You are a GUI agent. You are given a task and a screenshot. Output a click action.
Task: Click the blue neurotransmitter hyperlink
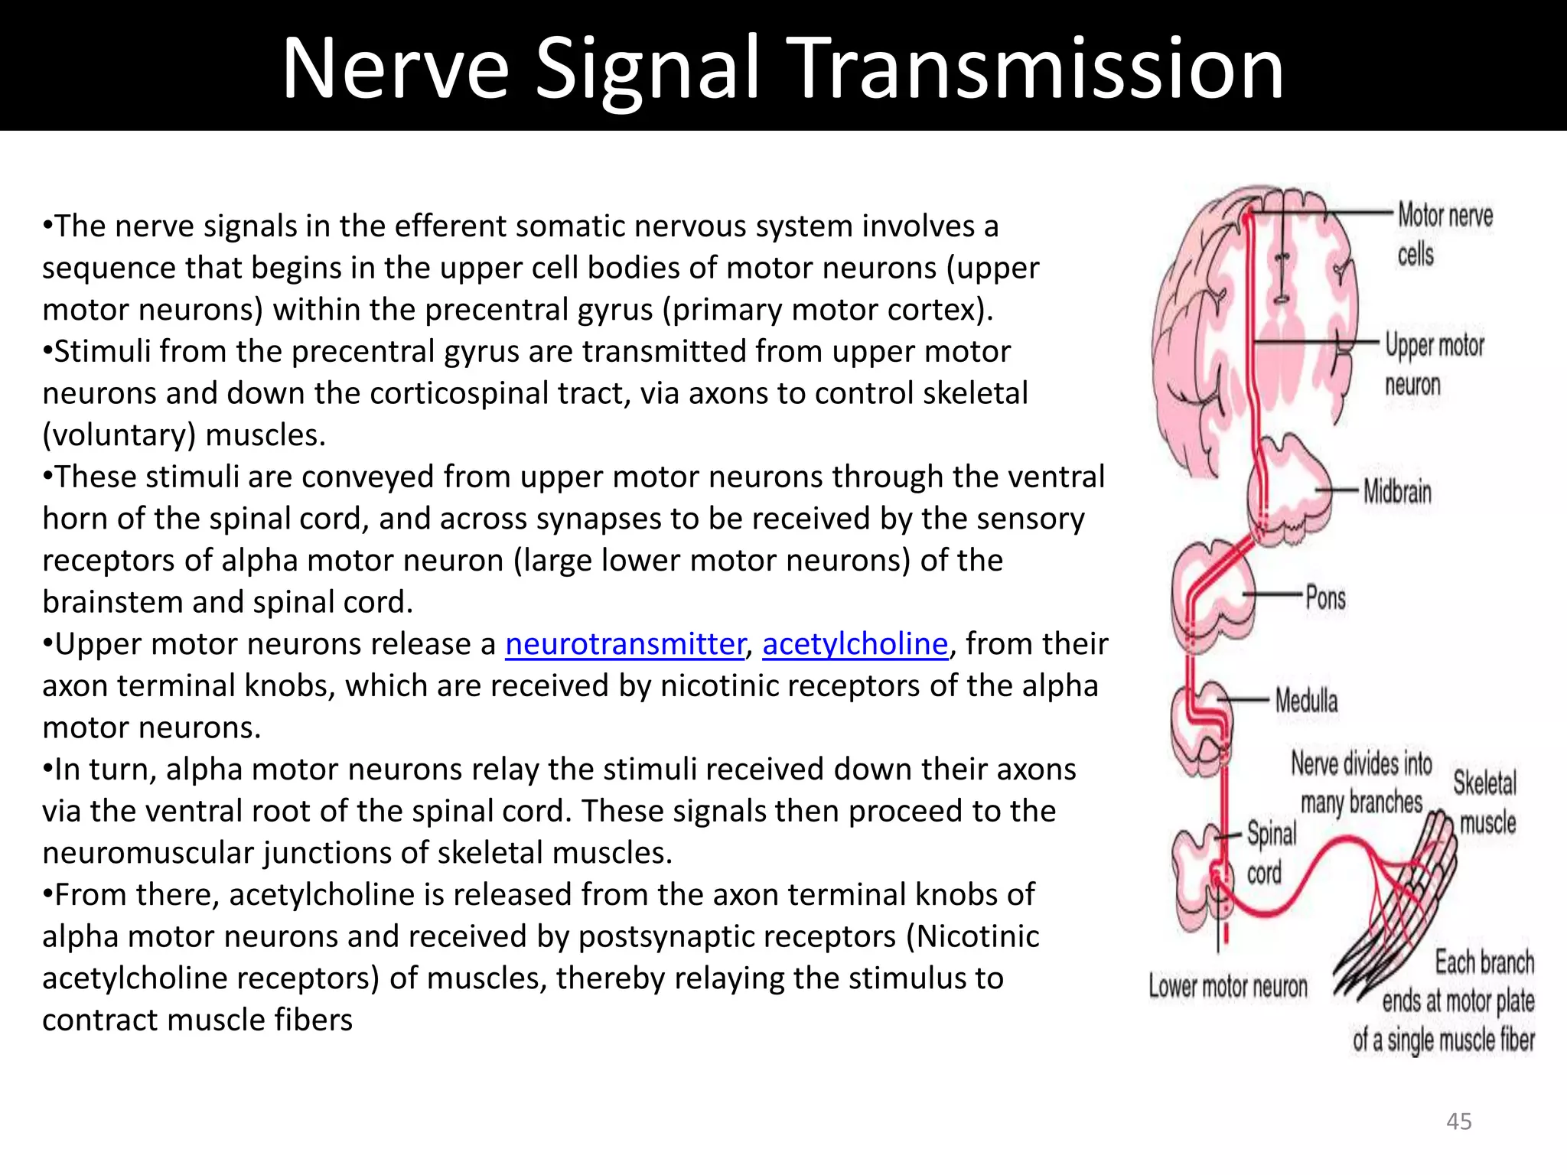[624, 644]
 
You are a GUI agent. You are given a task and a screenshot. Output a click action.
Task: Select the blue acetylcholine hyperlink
[855, 644]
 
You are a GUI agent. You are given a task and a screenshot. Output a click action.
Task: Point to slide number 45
[1458, 1121]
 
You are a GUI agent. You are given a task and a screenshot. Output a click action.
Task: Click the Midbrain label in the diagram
[1396, 492]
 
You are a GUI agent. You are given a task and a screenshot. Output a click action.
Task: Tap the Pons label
[1325, 597]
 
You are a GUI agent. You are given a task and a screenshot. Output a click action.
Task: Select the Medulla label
[1306, 701]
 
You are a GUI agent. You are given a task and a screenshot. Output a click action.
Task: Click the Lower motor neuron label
[1227, 987]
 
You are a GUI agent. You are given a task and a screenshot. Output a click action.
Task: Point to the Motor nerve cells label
[1443, 234]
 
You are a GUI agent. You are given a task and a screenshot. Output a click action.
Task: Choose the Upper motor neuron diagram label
[1433, 365]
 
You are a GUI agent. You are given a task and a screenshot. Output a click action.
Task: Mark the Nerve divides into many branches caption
[1361, 783]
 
